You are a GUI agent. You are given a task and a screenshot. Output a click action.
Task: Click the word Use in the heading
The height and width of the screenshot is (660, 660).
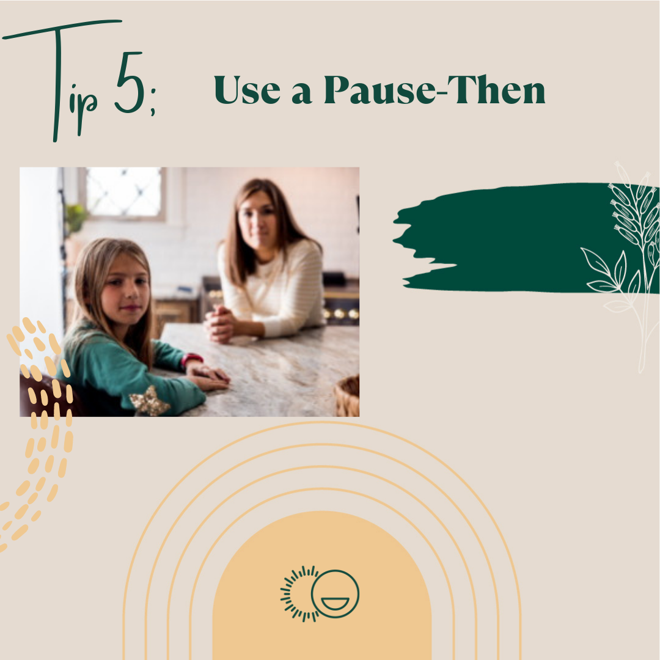(247, 90)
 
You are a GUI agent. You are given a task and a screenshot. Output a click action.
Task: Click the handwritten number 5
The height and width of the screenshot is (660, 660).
(130, 82)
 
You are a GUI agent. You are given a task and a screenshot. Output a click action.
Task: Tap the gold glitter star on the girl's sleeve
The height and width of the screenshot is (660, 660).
(150, 401)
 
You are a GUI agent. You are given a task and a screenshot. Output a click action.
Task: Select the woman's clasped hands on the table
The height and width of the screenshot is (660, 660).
(219, 323)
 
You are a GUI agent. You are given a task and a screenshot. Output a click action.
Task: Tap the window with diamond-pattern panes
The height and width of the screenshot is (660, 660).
(123, 193)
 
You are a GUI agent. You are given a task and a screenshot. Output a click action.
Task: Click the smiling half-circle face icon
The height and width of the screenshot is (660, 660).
(335, 594)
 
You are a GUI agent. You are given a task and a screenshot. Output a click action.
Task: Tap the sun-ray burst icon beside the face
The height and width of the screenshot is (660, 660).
(297, 594)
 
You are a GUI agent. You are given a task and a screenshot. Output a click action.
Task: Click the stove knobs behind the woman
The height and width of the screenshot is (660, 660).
(340, 313)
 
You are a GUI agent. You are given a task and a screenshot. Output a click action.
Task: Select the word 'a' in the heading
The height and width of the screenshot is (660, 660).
(302, 94)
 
